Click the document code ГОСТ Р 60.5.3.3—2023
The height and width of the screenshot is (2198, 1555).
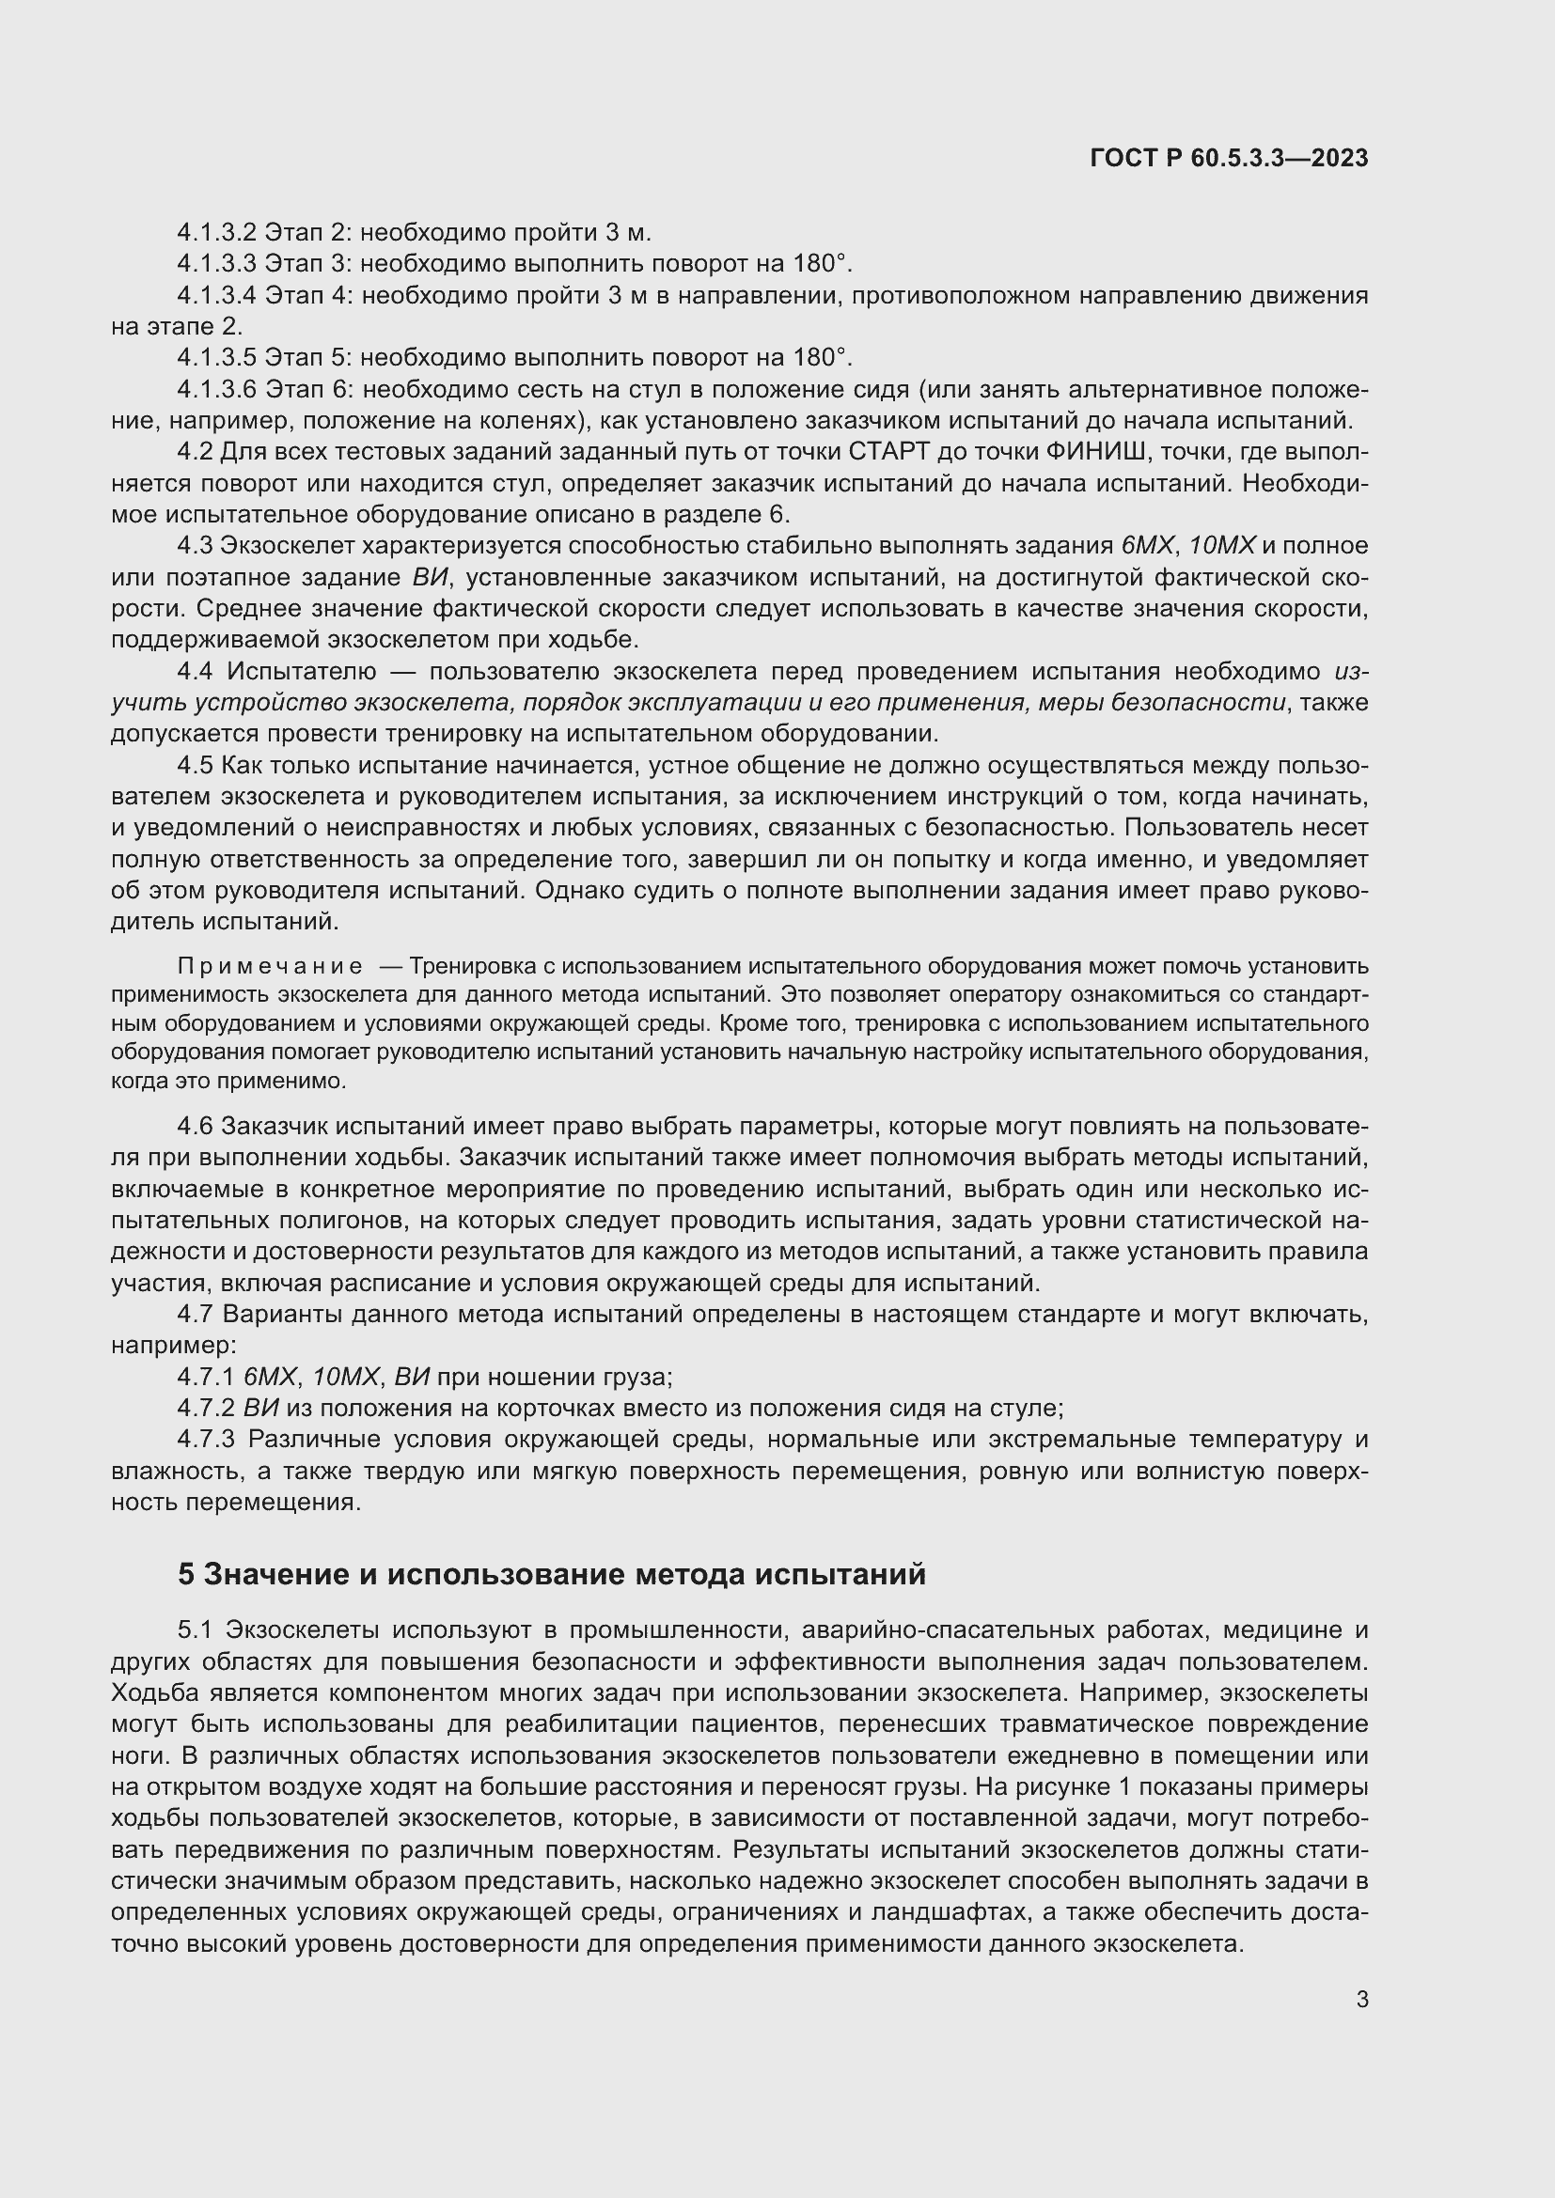pyautogui.click(x=1229, y=159)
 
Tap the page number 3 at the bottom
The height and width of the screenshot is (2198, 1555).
pyautogui.click(x=1361, y=2000)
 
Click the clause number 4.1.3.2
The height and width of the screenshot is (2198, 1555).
pyautogui.click(x=216, y=233)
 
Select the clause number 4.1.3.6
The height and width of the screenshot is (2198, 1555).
pyautogui.click(x=216, y=390)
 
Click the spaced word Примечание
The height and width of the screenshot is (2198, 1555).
pyautogui.click(x=270, y=966)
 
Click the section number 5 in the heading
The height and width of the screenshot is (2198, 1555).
pyautogui.click(x=186, y=1575)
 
